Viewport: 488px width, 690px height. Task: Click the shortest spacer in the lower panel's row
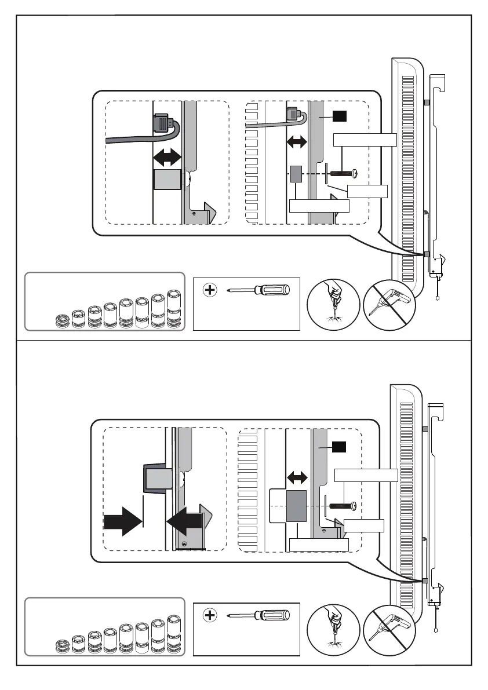[62, 645]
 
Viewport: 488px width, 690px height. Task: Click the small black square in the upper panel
[339, 116]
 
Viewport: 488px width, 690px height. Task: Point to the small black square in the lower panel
[339, 447]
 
